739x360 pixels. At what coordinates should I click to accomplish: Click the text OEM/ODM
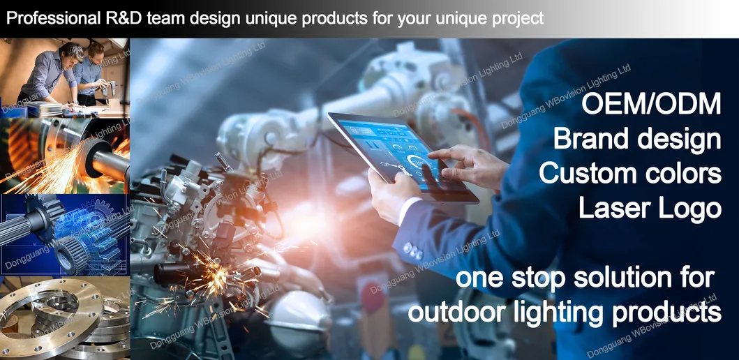click(x=651, y=105)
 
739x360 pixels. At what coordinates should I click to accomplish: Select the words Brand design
click(x=636, y=139)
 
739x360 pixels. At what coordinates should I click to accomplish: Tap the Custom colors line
click(x=629, y=173)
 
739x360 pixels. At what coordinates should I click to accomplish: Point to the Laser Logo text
click(x=650, y=207)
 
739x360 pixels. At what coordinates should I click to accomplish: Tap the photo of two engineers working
click(x=64, y=77)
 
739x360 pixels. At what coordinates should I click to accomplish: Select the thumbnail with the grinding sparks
click(x=64, y=156)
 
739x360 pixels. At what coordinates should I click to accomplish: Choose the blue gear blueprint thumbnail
click(x=64, y=234)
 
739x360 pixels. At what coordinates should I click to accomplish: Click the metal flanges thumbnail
click(x=64, y=317)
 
